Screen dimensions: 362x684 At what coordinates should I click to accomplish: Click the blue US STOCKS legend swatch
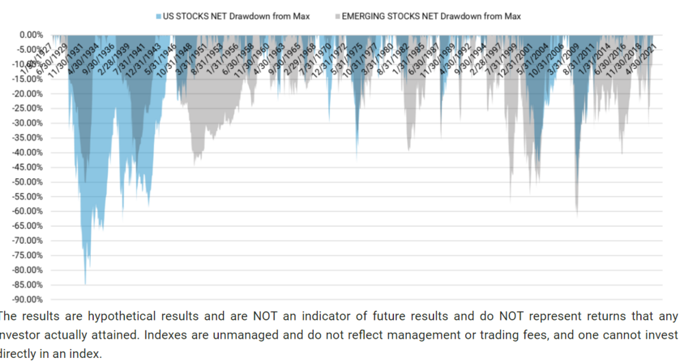tap(159, 16)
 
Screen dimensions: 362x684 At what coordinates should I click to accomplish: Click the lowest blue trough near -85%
tap(85, 282)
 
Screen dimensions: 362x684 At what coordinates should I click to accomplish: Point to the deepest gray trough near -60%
tap(577, 215)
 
